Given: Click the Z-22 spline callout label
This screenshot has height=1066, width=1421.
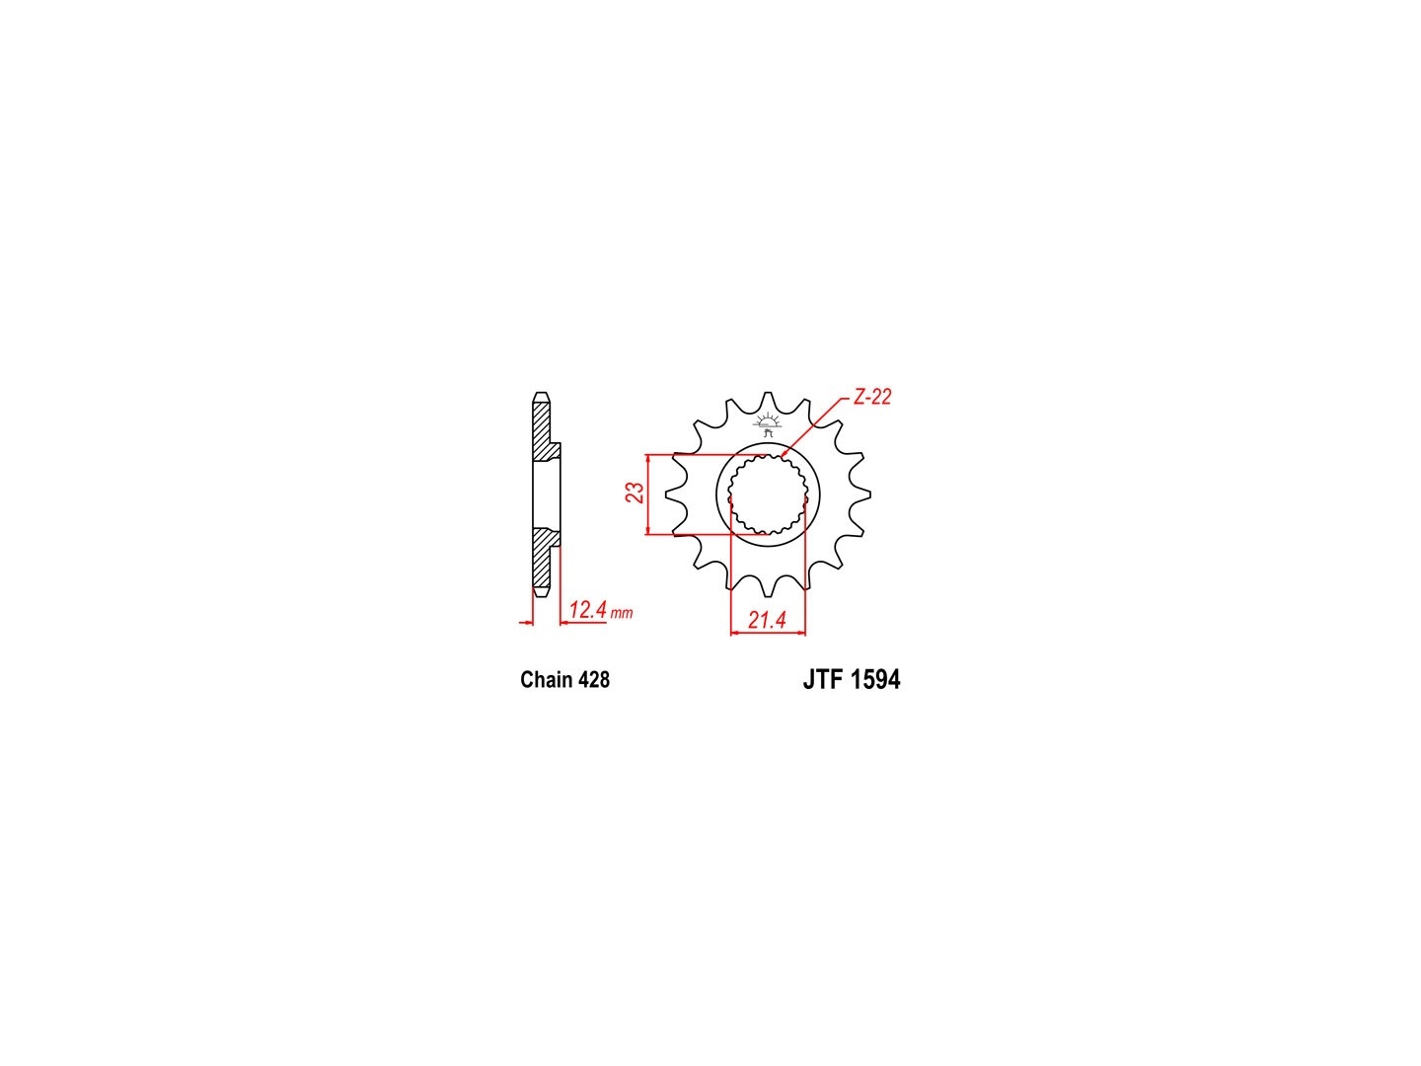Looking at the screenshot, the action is point(871,397).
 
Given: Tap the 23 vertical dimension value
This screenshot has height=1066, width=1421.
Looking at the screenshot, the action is point(636,493).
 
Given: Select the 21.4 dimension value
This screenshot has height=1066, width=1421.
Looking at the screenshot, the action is point(767,620).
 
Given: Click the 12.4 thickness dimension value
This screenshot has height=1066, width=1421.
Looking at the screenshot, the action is point(587,610).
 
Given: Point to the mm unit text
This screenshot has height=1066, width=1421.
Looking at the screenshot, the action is point(622,613).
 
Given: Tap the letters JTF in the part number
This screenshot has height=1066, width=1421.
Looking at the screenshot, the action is point(822,680).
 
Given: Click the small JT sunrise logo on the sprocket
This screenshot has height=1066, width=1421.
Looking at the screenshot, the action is point(768,424).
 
